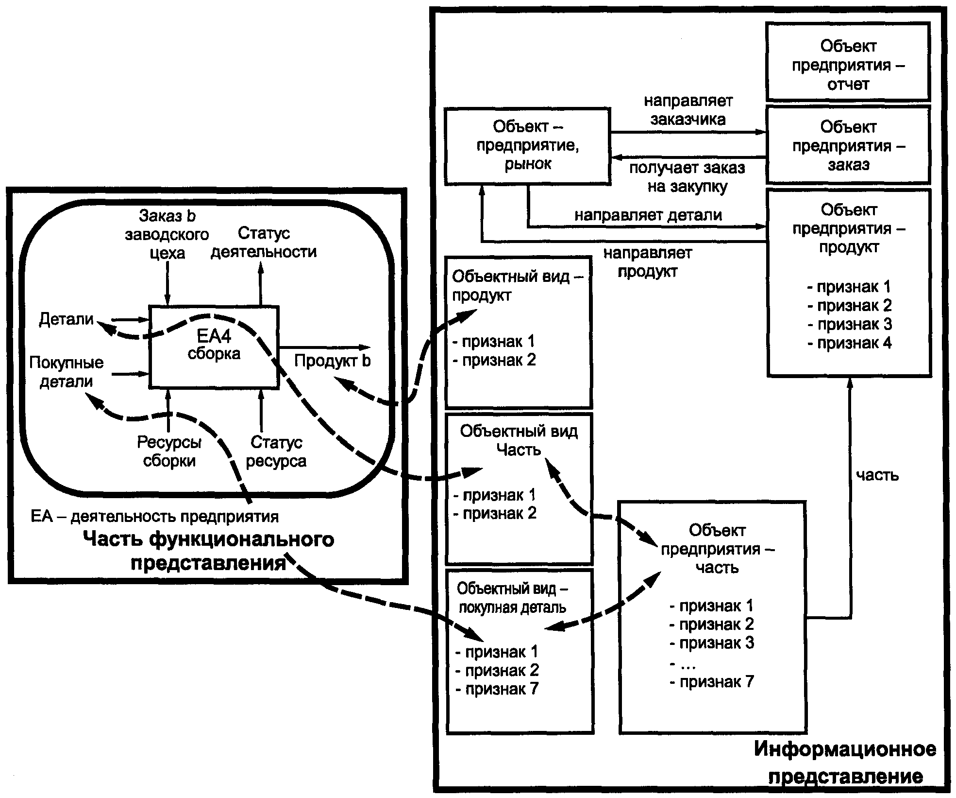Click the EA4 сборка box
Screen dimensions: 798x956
pos(214,347)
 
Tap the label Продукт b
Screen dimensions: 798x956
pos(333,361)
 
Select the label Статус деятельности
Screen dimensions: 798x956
pos(264,243)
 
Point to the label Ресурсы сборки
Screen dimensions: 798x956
pos(169,451)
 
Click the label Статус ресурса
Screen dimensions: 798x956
pos(276,451)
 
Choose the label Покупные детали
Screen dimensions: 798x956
pos(67,372)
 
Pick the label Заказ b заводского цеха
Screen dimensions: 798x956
pos(167,234)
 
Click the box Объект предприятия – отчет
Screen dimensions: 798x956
pos(848,65)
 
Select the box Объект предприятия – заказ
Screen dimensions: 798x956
pos(848,145)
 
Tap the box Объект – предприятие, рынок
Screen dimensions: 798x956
pos(528,145)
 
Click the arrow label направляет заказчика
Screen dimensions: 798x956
pos(688,110)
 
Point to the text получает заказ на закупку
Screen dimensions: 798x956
pos(688,177)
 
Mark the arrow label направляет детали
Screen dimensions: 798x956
pos(648,215)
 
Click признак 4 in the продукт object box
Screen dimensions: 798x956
pos(850,343)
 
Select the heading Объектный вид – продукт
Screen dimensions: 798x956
pos(517,286)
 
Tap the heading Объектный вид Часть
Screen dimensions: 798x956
pos(519,440)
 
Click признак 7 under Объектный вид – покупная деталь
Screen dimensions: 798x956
pos(497,689)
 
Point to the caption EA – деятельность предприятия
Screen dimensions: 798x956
pos(155,516)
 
